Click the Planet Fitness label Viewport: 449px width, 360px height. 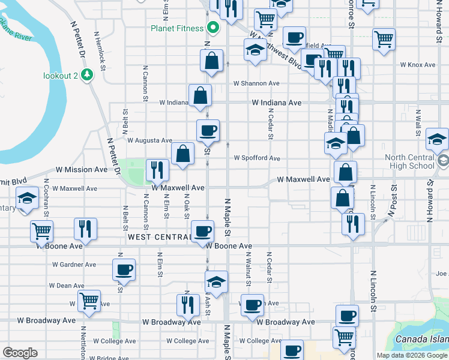(x=177, y=28)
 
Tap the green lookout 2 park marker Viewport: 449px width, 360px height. (x=88, y=75)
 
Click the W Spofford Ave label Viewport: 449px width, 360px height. (x=257, y=158)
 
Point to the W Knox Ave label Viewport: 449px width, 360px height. (x=417, y=65)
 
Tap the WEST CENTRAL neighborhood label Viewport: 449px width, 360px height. (x=158, y=238)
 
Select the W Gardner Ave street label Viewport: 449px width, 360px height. (x=74, y=265)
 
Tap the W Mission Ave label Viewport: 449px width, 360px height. (x=82, y=170)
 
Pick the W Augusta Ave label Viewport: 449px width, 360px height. (x=149, y=140)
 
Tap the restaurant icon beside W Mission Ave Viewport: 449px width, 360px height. (x=157, y=170)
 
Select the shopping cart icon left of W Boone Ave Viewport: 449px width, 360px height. (x=41, y=230)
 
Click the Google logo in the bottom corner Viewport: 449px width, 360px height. (x=20, y=353)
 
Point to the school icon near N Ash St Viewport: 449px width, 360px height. (x=216, y=281)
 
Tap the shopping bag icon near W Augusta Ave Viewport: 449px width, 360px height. (x=182, y=154)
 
